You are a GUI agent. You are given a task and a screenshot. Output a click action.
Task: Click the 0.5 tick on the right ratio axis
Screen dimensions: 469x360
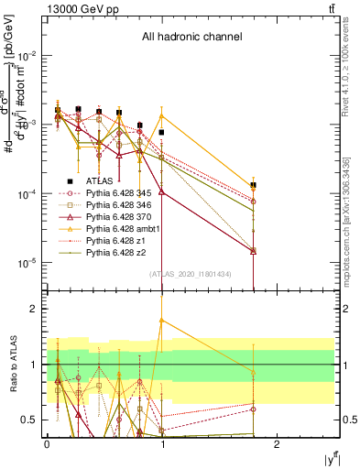coord(347,420)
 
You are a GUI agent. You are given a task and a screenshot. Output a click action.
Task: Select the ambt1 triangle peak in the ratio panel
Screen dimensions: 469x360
coord(162,321)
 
